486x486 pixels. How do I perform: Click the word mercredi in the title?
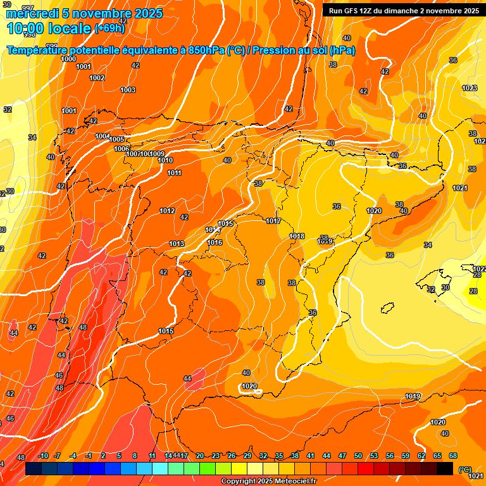pyautogui.click(x=32, y=13)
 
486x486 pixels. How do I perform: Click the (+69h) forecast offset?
pyautogui.click(x=110, y=28)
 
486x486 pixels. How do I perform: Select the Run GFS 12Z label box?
pyautogui.click(x=403, y=10)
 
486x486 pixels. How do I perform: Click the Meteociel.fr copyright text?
pyautogui.click(x=268, y=482)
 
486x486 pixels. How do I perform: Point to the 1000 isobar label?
pyautogui.click(x=69, y=59)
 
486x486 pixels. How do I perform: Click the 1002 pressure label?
pyautogui.click(x=97, y=78)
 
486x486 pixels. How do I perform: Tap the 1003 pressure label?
pyautogui.click(x=128, y=90)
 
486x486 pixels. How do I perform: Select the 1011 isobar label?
pyautogui.click(x=175, y=173)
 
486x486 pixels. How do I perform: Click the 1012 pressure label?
pyautogui.click(x=167, y=211)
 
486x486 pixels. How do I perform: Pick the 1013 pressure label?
pyautogui.click(x=177, y=244)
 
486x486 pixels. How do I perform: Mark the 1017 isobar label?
pyautogui.click(x=273, y=221)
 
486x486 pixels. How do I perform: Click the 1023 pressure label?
pyautogui.click(x=470, y=88)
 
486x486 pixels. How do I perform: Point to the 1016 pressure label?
pyautogui.click(x=215, y=242)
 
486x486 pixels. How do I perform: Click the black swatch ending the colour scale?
pyautogui.click(x=445, y=468)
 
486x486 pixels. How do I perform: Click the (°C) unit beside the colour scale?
pyautogui.click(x=464, y=469)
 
